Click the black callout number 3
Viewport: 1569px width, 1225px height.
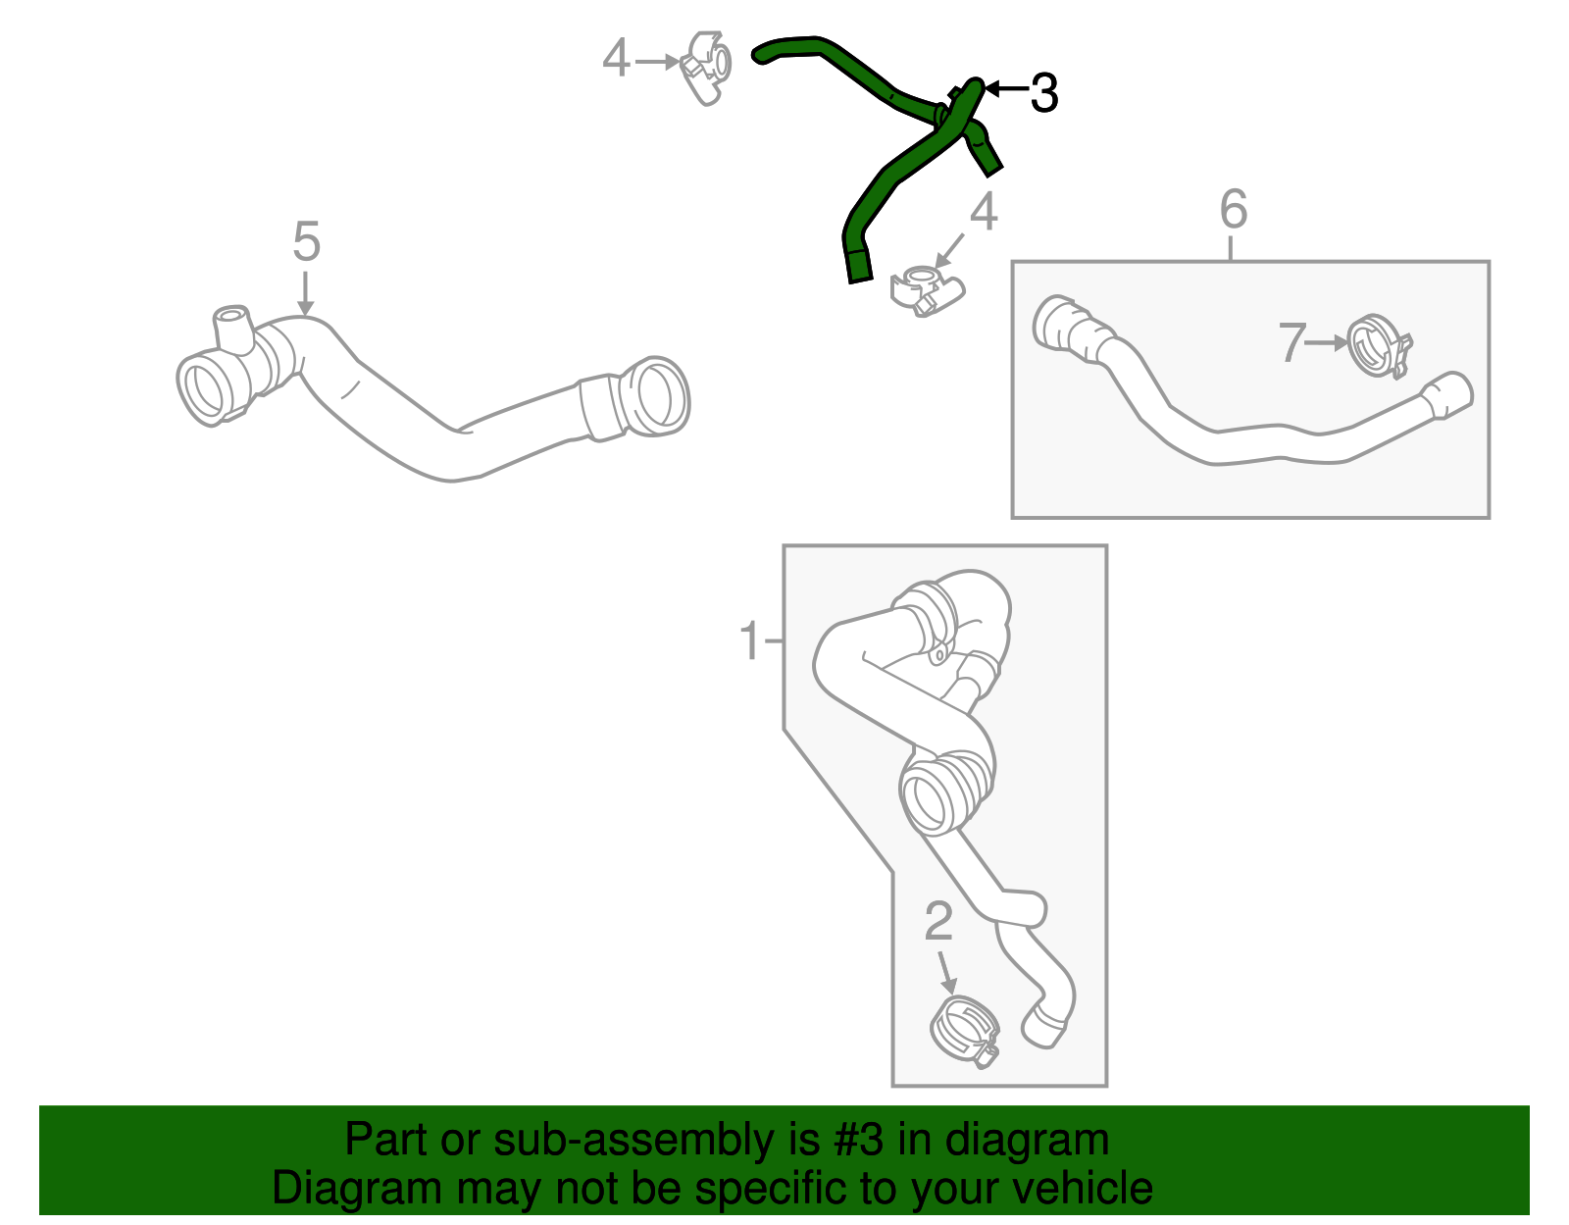tap(1044, 93)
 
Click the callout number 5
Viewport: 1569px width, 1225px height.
tap(306, 241)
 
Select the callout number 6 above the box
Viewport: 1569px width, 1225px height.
tap(1234, 209)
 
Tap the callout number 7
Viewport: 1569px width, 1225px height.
tap(1291, 342)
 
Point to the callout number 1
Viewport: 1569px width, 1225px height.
tap(750, 639)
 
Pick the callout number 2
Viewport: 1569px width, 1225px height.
tap(938, 921)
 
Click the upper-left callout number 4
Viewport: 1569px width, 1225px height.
tap(616, 58)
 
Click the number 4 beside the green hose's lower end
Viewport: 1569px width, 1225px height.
tap(984, 211)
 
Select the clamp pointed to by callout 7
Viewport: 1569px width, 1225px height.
tap(1379, 346)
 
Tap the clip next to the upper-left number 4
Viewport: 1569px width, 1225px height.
tap(705, 67)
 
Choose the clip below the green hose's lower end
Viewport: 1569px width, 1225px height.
tap(927, 290)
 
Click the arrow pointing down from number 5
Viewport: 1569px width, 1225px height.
tap(305, 293)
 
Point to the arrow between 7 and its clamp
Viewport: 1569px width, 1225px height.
tap(1327, 343)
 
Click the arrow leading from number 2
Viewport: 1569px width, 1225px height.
tap(946, 972)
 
